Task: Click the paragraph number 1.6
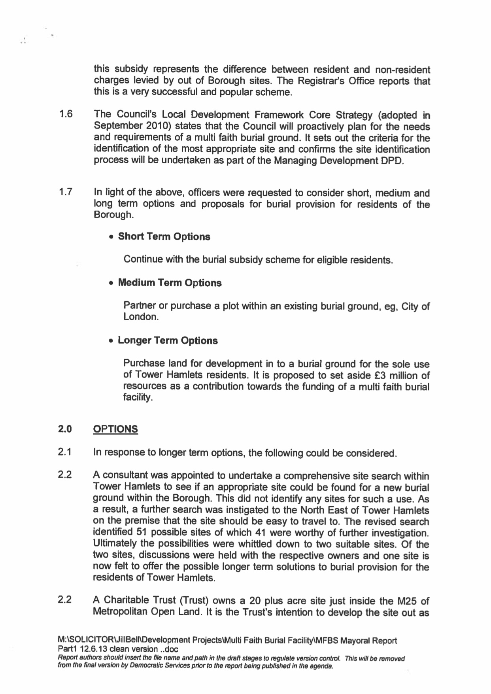pyautogui.click(x=66, y=115)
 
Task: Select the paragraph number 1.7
pyautogui.click(x=66, y=193)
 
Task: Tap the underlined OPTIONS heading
pyautogui.click(x=115, y=429)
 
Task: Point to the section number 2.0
pyautogui.click(x=65, y=429)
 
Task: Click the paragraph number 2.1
pyautogui.click(x=65, y=452)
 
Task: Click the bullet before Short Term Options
pyautogui.click(x=112, y=237)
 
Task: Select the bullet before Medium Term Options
pyautogui.click(x=112, y=284)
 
